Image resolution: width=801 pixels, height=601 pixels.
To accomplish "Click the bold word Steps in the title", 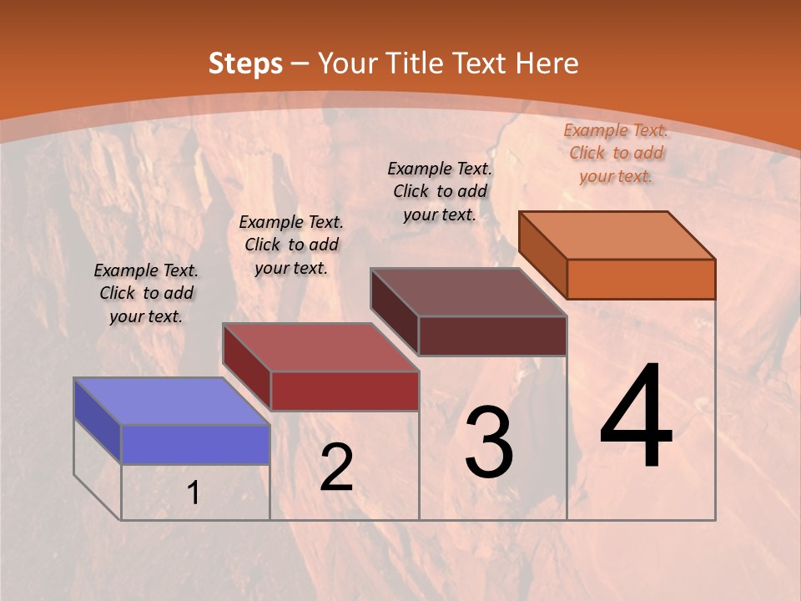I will [x=245, y=63].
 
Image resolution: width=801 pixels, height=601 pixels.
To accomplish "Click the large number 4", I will [x=637, y=417].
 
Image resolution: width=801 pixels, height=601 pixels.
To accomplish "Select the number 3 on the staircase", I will [x=489, y=442].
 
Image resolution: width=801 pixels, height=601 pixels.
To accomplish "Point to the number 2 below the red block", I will [x=337, y=467].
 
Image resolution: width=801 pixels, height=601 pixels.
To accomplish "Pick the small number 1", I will [x=194, y=493].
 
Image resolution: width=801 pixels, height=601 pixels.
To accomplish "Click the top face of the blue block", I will [x=172, y=402].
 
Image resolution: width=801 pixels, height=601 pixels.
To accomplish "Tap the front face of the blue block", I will [x=195, y=444].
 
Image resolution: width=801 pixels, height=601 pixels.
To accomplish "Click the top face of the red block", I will [x=320, y=347].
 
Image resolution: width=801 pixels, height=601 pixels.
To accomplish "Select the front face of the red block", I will [x=345, y=391].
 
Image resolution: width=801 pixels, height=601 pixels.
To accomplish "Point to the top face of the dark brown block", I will [x=468, y=292].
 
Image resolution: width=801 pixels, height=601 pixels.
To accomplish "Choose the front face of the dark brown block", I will [x=492, y=336].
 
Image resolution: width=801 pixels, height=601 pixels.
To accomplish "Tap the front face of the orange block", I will [x=641, y=279].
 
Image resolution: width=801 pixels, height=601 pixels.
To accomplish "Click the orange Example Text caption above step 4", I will [x=616, y=153].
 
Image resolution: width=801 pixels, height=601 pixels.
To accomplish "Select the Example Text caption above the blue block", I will [x=146, y=293].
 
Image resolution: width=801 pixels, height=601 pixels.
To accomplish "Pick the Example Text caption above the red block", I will [x=291, y=245].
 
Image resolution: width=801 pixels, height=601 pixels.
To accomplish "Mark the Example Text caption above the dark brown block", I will [x=440, y=191].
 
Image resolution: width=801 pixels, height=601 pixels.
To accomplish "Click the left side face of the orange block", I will [x=542, y=255].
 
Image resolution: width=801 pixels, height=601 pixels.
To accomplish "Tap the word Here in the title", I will [x=547, y=63].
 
